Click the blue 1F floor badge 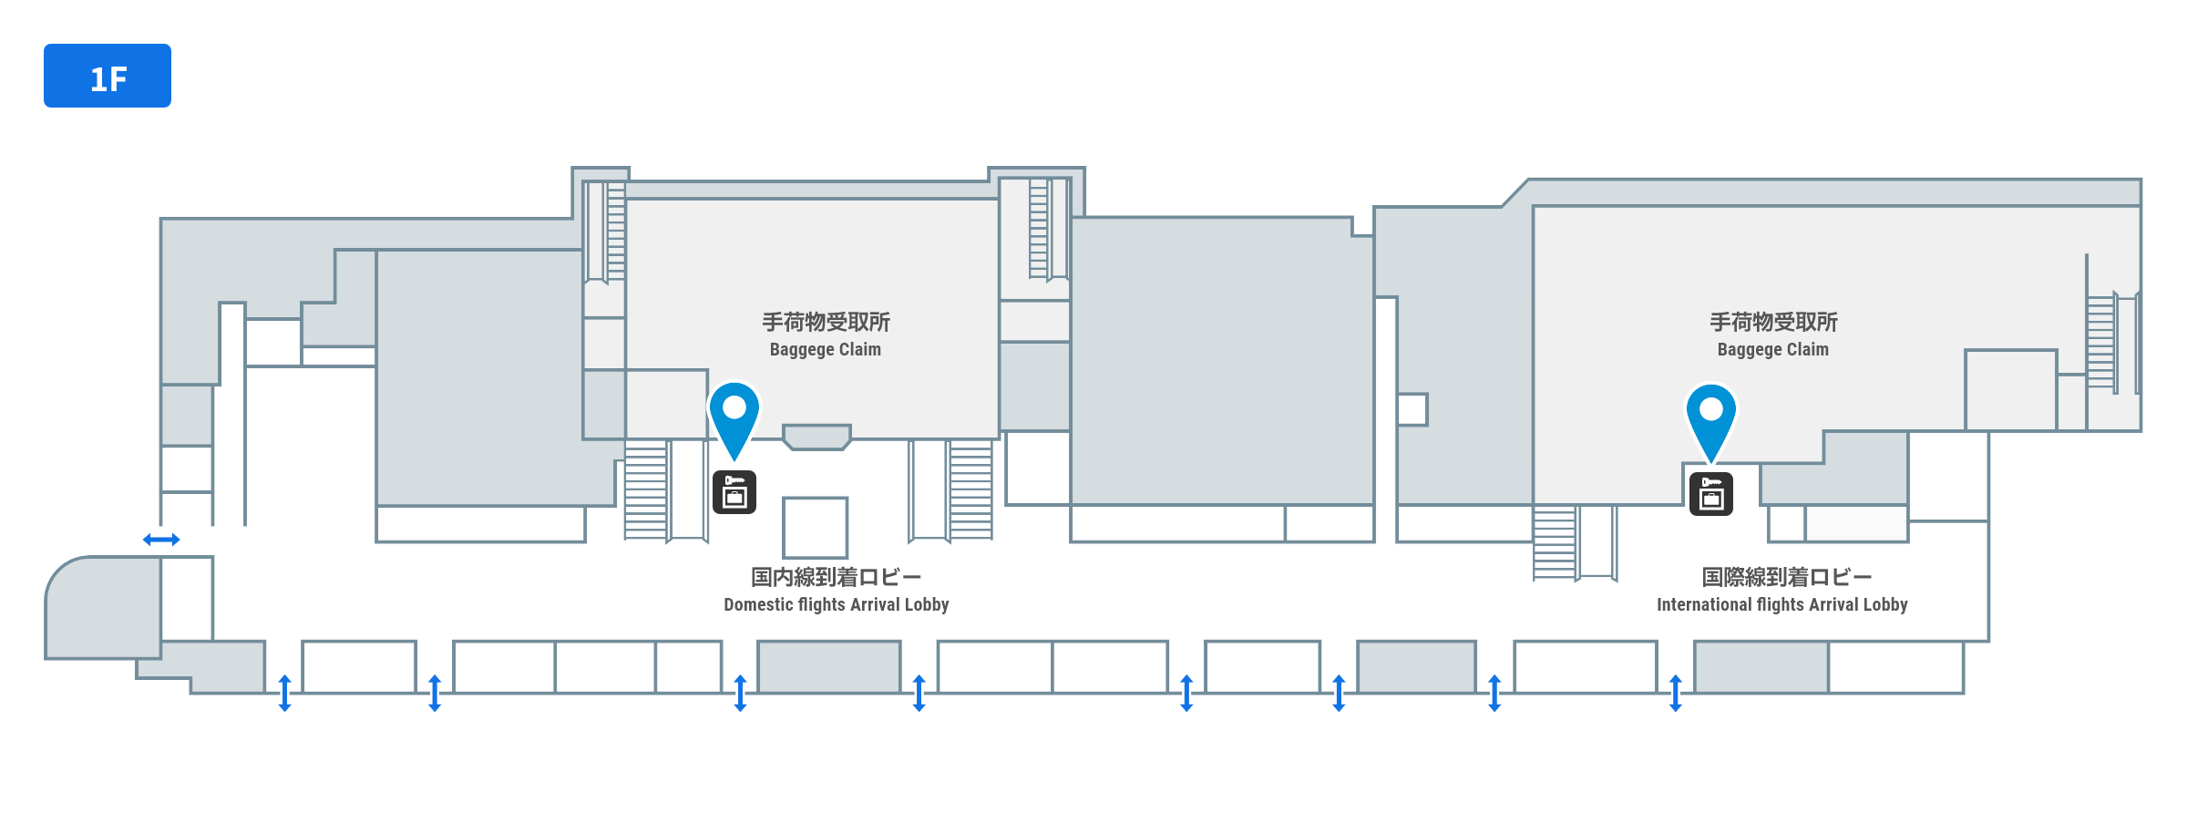coord(108,76)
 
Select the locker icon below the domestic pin coord(734,493)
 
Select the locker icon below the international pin coord(1710,494)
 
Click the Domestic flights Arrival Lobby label coord(836,604)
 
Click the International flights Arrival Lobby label coord(1781,604)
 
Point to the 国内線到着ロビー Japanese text coord(836,577)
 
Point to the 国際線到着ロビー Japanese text coord(1786,577)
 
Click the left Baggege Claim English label coord(825,349)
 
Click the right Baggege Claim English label coord(1772,349)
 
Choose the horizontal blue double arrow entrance coord(161,540)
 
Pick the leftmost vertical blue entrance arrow coord(284,693)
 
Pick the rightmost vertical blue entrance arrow coord(1675,693)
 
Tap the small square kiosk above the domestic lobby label coord(815,527)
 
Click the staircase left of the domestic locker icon coord(646,490)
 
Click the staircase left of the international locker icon coord(1555,542)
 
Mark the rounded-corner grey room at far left coord(103,608)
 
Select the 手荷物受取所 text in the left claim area coord(826,322)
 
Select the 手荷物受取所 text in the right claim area coord(1773,322)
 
